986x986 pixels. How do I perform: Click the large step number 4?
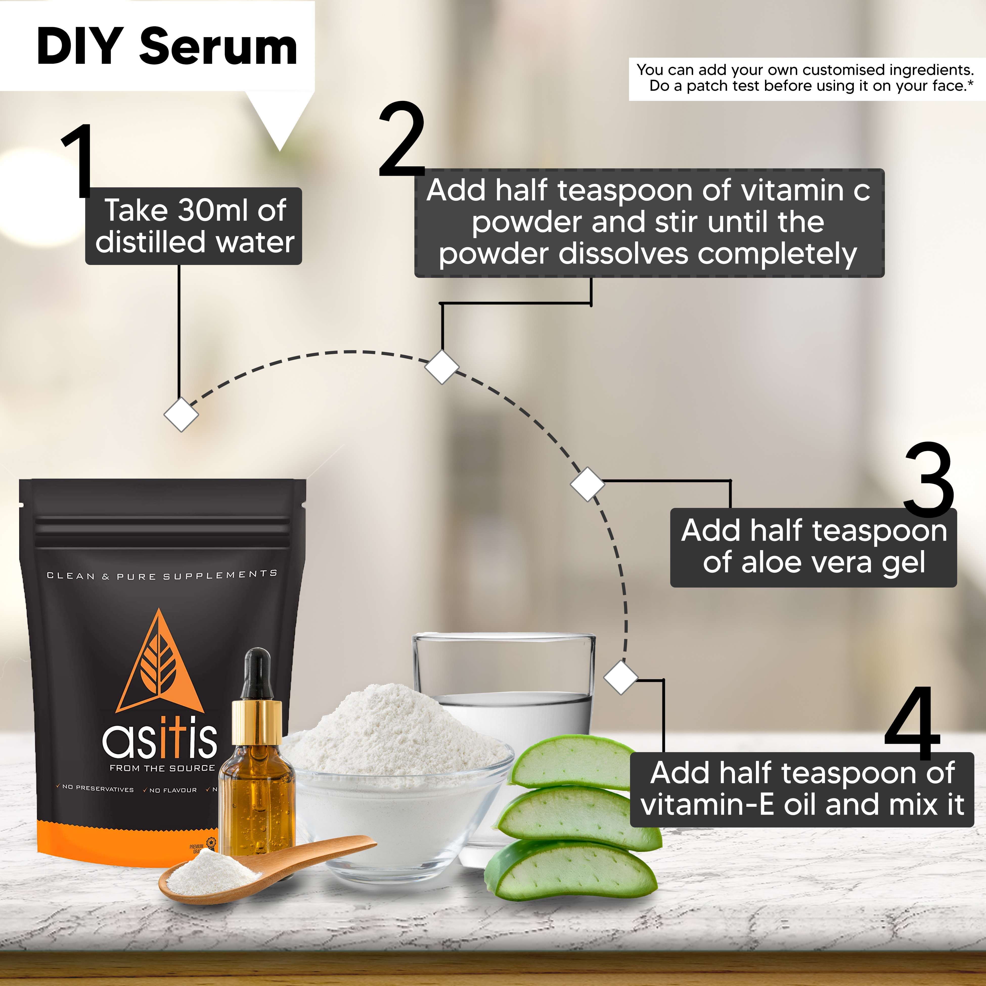912,724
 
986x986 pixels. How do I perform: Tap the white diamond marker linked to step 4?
621,677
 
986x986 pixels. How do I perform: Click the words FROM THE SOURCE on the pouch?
162,768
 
